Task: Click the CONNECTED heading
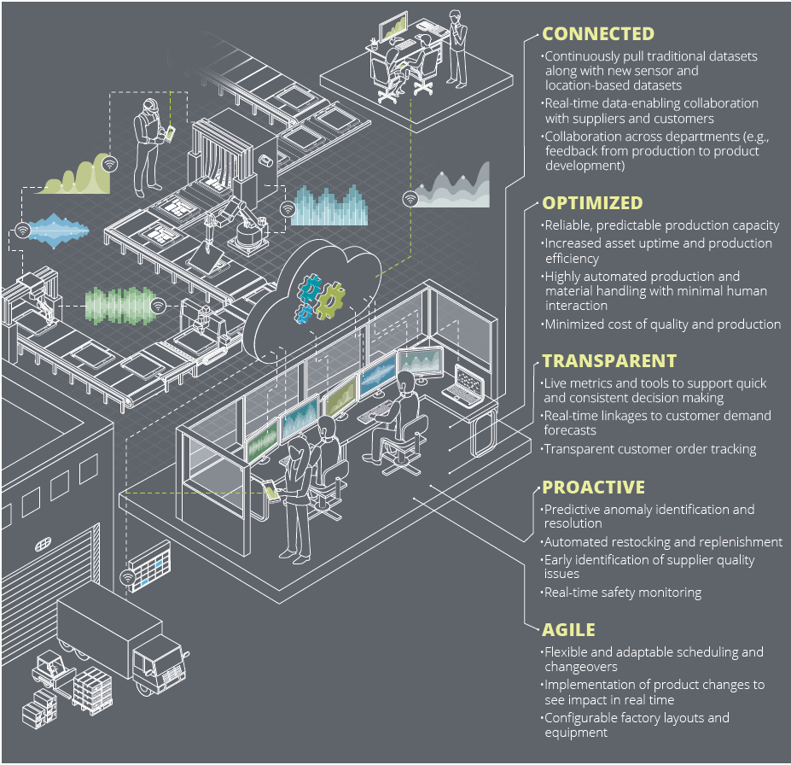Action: point(598,35)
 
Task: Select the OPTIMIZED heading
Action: point(592,203)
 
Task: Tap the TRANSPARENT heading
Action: point(609,361)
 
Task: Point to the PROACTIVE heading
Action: point(593,488)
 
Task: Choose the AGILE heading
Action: point(568,630)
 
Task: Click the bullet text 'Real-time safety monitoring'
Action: point(623,593)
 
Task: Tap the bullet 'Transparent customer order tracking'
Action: point(650,449)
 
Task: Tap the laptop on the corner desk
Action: point(468,381)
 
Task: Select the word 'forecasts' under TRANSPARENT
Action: point(572,431)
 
